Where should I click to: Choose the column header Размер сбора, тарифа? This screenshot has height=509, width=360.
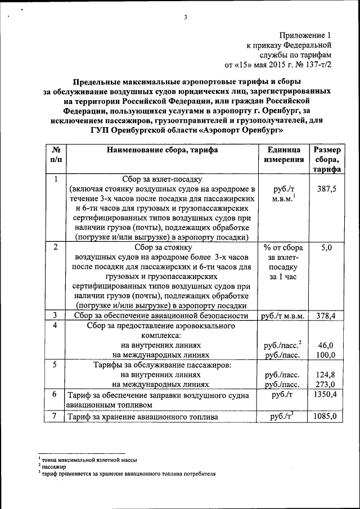(327, 160)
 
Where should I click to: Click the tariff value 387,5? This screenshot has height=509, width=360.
(327, 190)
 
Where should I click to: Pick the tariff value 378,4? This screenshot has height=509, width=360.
(326, 316)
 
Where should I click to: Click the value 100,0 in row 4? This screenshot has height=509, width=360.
(326, 355)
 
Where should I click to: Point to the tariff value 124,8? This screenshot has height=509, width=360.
(326, 375)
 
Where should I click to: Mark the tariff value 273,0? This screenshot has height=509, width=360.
(326, 384)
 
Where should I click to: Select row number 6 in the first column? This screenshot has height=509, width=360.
(55, 394)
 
